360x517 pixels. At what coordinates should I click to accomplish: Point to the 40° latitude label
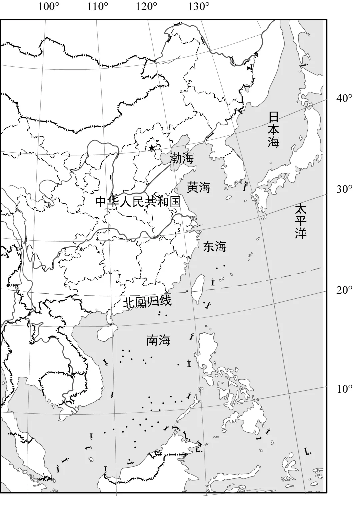[x=344, y=98]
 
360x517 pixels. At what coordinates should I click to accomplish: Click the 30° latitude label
[x=344, y=189]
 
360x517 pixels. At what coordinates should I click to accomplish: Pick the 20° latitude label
[x=344, y=290]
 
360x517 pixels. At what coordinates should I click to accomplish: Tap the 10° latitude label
[x=344, y=389]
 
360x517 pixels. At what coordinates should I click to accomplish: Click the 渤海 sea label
[x=182, y=158]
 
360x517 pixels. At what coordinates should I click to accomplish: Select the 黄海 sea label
[x=199, y=187]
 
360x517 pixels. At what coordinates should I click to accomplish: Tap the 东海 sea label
[x=215, y=247]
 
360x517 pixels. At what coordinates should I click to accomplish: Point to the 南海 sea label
[x=158, y=340]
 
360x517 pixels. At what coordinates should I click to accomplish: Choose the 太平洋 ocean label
[x=300, y=221]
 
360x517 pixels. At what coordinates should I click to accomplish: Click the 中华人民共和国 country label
[x=138, y=201]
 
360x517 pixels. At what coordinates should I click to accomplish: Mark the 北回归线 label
[x=147, y=301]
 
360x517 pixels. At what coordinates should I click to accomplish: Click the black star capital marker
[x=152, y=147]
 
